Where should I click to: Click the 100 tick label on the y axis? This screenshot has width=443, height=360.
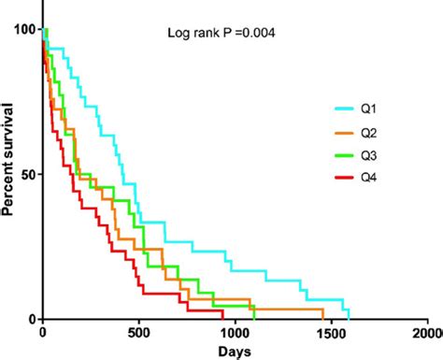click(x=24, y=30)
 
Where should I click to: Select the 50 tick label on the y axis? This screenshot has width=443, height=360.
click(x=28, y=175)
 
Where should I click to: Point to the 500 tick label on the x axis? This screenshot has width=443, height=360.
click(x=139, y=332)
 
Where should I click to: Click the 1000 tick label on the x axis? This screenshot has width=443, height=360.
click(x=235, y=332)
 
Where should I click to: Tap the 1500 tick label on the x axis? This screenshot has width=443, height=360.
click(x=331, y=332)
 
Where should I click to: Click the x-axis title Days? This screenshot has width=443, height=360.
click(x=234, y=352)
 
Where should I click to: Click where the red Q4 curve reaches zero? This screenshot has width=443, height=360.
click(x=223, y=319)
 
